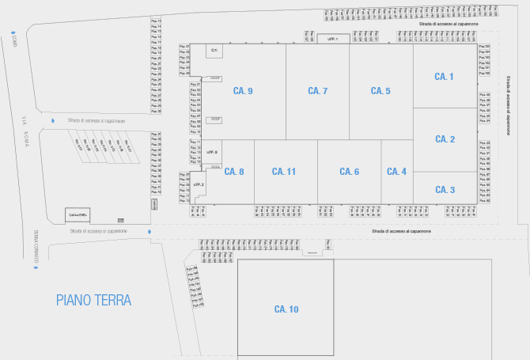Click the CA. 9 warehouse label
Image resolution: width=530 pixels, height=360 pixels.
[243, 92]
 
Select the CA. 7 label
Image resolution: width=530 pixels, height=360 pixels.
[317, 92]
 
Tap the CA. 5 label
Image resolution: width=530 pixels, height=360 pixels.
[380, 92]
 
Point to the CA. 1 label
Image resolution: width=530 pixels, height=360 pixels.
[445, 77]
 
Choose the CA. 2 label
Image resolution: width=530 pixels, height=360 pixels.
[445, 139]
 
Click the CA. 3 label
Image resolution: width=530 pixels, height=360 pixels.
[445, 190]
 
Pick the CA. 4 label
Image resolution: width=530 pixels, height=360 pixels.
[396, 172]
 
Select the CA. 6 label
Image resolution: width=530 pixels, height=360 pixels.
[350, 172]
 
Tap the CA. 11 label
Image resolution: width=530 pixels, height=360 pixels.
[284, 172]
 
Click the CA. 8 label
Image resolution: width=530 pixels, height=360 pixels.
[234, 172]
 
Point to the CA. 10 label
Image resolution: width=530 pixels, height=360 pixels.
[286, 309]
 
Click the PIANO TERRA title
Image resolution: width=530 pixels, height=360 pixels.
[93, 300]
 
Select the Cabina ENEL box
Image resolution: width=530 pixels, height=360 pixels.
[78, 215]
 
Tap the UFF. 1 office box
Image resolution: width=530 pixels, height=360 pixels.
[332, 39]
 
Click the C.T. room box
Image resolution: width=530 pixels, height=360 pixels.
[214, 51]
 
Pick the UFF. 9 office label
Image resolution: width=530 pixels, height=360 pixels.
[212, 152]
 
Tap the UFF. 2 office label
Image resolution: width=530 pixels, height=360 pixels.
[199, 184]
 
